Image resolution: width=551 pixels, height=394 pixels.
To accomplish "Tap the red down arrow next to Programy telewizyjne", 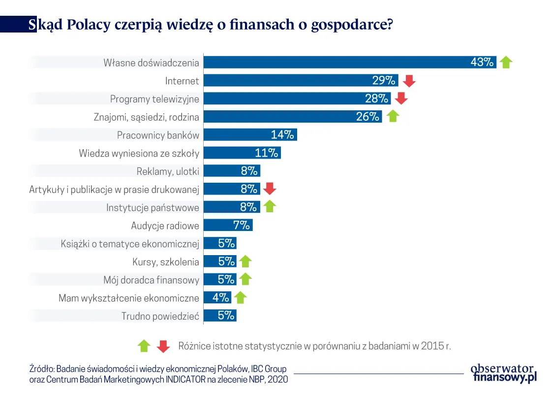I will click(x=401, y=98).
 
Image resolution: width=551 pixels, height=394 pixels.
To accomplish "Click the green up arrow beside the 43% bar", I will click(x=506, y=62).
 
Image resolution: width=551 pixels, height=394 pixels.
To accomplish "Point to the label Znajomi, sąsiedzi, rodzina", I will click(x=147, y=117).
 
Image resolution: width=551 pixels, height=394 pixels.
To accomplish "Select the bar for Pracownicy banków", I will click(x=250, y=134).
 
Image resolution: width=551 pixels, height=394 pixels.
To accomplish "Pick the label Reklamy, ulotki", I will click(x=167, y=171).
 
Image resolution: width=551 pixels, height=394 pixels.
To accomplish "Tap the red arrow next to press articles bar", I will click(x=270, y=189).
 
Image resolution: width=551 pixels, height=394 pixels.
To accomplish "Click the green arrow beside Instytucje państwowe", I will click(x=269, y=207).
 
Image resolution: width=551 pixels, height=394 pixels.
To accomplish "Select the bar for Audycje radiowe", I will click(x=228, y=225).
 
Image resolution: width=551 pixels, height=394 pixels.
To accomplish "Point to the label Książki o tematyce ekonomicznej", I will click(x=130, y=243).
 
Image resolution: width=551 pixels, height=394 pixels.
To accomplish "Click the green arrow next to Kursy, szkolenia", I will click(x=245, y=262).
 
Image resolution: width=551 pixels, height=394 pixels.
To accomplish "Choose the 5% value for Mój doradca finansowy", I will click(x=226, y=279).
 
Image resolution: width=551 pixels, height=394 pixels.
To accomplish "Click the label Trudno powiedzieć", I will click(x=160, y=316).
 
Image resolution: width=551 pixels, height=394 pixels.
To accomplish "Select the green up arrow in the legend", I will click(x=144, y=346).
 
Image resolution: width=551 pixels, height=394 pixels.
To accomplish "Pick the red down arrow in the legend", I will click(x=163, y=346).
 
